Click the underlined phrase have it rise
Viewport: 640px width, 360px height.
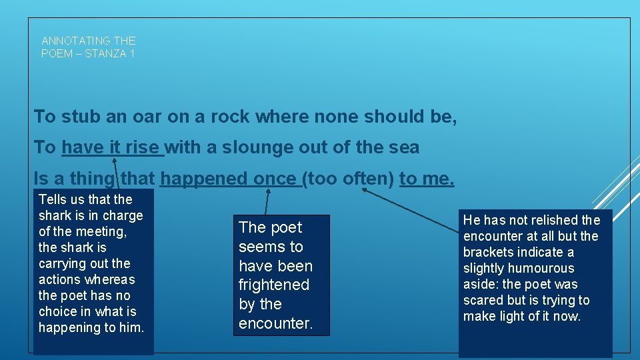tap(112, 147)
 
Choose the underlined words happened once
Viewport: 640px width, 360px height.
tap(230, 179)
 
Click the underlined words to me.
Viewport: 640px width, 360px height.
tap(427, 179)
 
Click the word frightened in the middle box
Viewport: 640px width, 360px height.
tap(274, 285)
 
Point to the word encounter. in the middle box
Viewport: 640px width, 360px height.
tap(275, 323)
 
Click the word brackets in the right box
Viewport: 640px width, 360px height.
tap(490, 252)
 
